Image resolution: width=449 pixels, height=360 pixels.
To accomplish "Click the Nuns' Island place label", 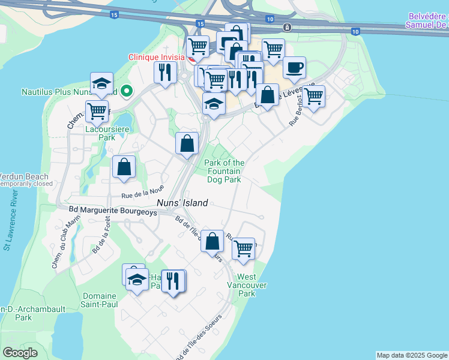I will (x=182, y=203).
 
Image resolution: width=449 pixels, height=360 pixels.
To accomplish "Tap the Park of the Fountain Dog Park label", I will (x=224, y=171).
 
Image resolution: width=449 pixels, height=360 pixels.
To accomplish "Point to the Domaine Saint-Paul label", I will (x=100, y=300).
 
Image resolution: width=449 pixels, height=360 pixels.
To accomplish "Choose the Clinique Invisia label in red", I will (x=157, y=58).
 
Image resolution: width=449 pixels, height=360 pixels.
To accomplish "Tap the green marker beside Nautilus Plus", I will (x=126, y=92).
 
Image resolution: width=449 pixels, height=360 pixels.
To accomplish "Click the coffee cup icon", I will (x=294, y=68).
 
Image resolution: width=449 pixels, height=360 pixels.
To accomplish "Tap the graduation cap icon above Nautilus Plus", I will (x=102, y=83).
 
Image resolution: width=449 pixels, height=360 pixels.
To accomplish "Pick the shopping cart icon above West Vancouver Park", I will (x=244, y=247).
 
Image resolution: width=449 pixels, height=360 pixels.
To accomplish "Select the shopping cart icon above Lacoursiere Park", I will (x=97, y=110).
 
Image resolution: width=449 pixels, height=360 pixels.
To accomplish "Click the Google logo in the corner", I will (x=20, y=352).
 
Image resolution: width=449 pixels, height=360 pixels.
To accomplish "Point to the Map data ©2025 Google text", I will (x=412, y=355).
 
